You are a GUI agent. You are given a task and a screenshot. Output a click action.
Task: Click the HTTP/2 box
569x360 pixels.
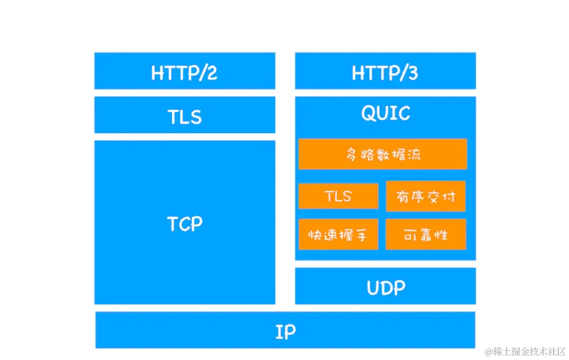(185, 71)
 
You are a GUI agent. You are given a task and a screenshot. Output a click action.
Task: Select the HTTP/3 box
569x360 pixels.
(385, 71)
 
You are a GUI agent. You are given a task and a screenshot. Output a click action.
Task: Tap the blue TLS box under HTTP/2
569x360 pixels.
(185, 115)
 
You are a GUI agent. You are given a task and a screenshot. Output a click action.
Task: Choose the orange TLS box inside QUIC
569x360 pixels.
(338, 196)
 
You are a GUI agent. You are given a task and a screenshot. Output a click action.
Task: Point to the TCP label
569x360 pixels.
(185, 223)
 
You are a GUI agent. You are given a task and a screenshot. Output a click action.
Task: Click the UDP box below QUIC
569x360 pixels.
(385, 286)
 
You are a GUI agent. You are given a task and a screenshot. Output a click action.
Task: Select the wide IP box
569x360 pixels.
(285, 330)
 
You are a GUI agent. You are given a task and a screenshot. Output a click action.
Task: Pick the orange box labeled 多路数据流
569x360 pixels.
(383, 154)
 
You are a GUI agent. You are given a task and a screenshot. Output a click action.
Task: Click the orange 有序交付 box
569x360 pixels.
(425, 196)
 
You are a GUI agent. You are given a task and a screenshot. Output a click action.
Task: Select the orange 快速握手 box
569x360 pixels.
(338, 234)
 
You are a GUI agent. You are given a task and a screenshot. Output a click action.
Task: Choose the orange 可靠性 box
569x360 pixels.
(425, 234)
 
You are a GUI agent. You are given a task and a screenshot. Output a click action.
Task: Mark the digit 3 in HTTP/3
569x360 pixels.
(412, 73)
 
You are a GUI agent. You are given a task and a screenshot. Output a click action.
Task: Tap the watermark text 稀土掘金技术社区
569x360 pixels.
(530, 351)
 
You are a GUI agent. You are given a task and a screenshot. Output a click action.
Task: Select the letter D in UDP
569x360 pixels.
(386, 288)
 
